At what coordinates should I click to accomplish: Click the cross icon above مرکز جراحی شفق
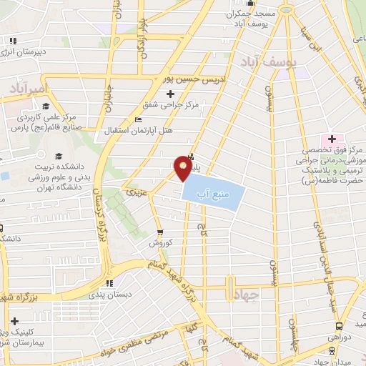170,94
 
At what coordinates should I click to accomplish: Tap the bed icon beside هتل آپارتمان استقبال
138,119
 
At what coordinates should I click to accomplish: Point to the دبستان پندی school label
105,294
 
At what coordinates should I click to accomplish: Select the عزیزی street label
135,192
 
